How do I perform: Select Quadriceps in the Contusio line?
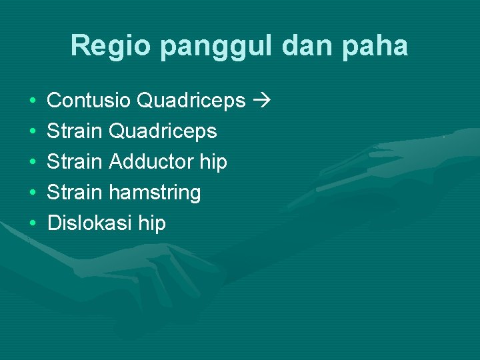point(191,101)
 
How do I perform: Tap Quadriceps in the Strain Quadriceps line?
point(162,131)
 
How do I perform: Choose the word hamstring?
point(154,193)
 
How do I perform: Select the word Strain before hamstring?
point(75,192)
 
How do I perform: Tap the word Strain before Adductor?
point(75,161)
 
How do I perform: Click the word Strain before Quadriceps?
point(75,131)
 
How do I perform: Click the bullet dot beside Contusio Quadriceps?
point(33,101)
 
